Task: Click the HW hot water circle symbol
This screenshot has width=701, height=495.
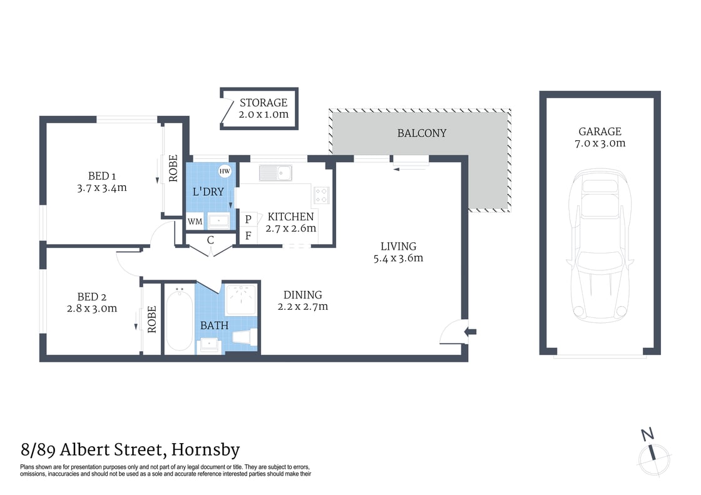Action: (x=224, y=171)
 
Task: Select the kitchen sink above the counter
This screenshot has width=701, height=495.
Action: (x=275, y=171)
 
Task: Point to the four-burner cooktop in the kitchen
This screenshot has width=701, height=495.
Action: (x=322, y=195)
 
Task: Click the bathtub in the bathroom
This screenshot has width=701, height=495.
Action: (x=179, y=320)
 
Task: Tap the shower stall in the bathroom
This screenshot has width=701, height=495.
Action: (x=241, y=299)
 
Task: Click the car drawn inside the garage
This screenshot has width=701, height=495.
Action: (x=600, y=245)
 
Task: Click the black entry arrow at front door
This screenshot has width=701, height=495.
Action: (x=471, y=332)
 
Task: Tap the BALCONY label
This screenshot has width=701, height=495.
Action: (x=422, y=133)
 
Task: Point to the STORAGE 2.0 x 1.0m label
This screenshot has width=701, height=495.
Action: (x=264, y=108)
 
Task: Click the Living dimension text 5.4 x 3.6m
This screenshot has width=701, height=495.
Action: (x=398, y=258)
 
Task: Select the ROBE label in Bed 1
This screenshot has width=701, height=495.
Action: (x=173, y=168)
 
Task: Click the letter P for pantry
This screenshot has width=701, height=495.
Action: (x=248, y=219)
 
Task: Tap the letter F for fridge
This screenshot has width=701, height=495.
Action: (x=248, y=236)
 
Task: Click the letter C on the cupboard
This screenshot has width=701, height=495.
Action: (x=210, y=240)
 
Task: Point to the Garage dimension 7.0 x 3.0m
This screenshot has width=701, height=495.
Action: (x=600, y=143)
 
